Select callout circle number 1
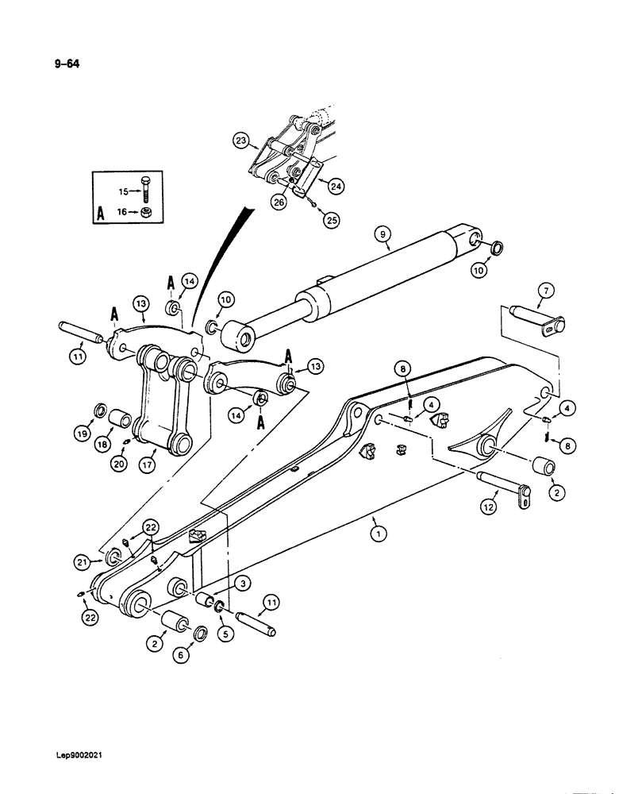[379, 535]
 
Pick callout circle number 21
[104, 562]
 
